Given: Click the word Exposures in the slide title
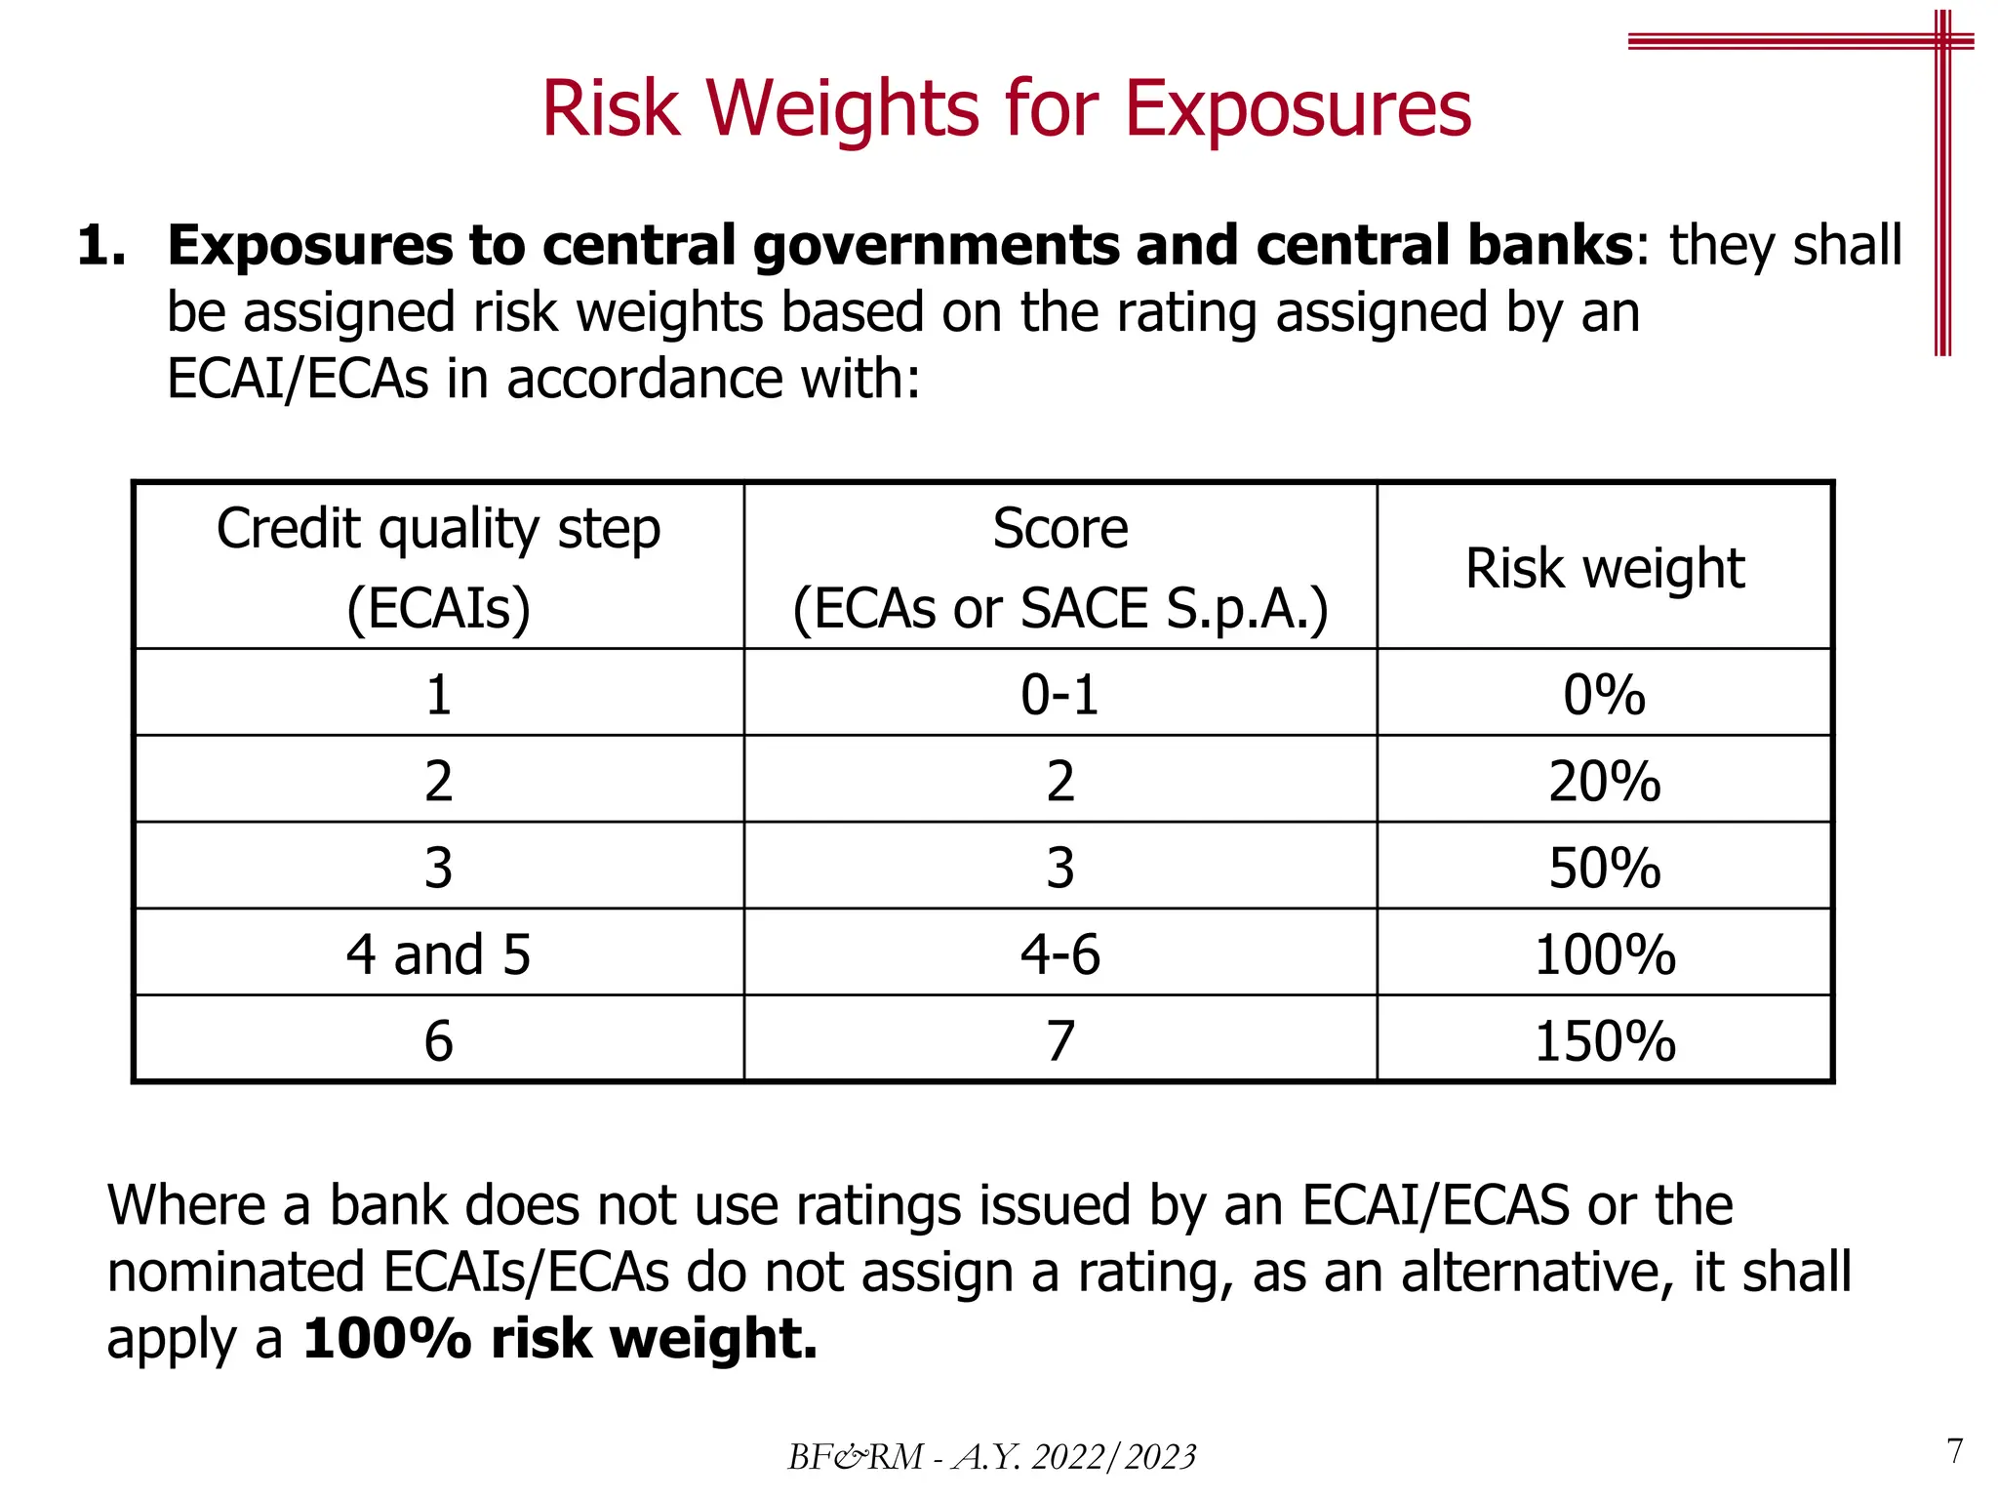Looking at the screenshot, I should click(x=1297, y=109).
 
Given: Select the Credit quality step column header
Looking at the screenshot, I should click(x=438, y=568).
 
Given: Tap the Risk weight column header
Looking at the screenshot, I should click(x=1605, y=568).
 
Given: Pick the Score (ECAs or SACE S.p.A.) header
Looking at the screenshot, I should click(x=1060, y=568).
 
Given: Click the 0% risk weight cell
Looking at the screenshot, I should click(x=1605, y=695).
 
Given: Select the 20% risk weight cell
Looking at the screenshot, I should click(x=1605, y=781).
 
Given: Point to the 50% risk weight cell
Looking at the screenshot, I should click(x=1605, y=868).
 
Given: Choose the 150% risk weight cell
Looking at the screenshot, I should click(x=1605, y=1040).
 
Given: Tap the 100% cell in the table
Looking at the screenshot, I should click(x=1605, y=954).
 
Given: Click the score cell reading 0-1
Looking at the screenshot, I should click(x=1060, y=695).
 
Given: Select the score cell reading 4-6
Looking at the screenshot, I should click(x=1060, y=954).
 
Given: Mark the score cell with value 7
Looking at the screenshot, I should click(x=1060, y=1040).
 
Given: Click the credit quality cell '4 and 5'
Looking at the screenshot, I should click(x=438, y=954).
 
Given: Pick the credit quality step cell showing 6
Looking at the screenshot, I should click(x=438, y=1040).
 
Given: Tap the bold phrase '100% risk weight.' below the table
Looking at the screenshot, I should click(x=560, y=1338).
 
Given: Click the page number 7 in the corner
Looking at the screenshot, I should click(x=1955, y=1451).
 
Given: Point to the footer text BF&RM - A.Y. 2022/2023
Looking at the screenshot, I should click(x=991, y=1457).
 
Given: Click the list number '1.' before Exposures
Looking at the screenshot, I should click(x=101, y=245).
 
